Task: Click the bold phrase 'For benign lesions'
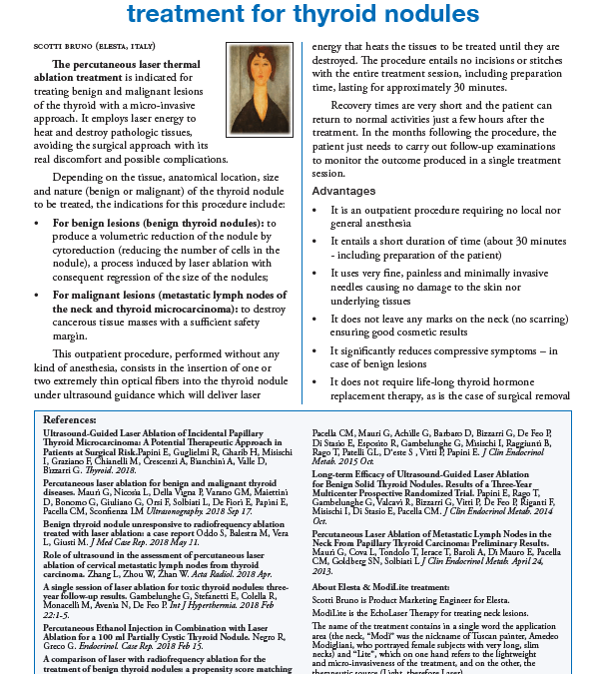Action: click(x=105, y=222)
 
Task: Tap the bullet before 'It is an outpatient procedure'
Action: click(x=316, y=211)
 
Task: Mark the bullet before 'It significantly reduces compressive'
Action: click(x=316, y=350)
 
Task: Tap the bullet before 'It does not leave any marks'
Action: click(x=316, y=323)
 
